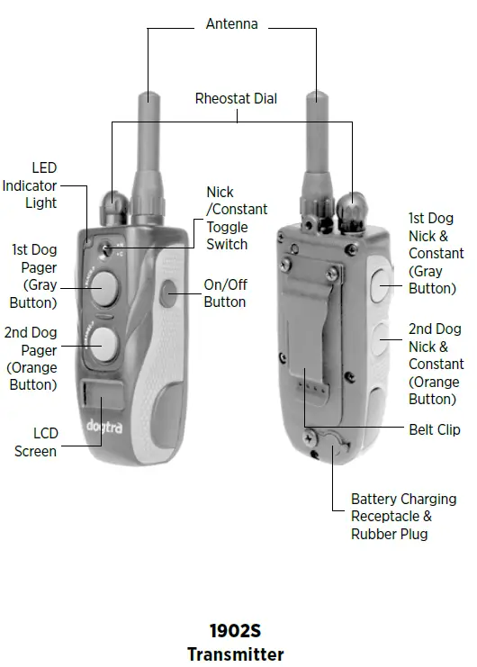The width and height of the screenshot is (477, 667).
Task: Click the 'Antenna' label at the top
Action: [x=231, y=24]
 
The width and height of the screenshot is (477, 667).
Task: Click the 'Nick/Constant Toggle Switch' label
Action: [x=237, y=218]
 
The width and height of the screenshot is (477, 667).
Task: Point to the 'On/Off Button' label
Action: [x=225, y=293]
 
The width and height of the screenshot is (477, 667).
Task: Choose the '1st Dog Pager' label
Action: [x=33, y=275]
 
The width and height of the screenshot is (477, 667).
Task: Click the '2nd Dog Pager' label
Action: [x=32, y=358]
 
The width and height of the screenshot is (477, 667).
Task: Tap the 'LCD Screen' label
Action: [x=35, y=443]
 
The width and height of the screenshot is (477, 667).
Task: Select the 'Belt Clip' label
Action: [x=435, y=429]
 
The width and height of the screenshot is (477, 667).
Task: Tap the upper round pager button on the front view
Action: [x=104, y=286]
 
